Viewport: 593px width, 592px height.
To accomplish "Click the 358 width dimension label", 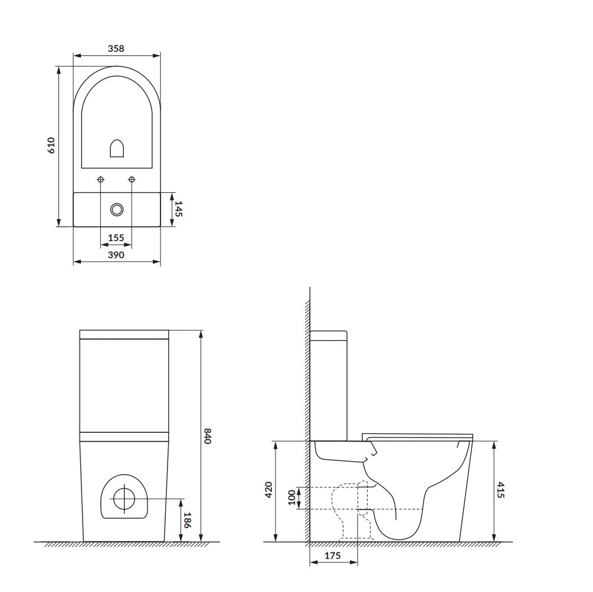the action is click(x=116, y=48).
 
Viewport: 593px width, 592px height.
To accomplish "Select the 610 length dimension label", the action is click(x=51, y=146).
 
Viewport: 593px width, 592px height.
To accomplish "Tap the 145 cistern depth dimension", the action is click(x=179, y=209).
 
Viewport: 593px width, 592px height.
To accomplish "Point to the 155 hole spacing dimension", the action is click(x=116, y=238).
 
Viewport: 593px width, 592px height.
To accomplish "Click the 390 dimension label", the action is click(x=116, y=255).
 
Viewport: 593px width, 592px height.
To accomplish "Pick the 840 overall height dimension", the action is click(x=207, y=436).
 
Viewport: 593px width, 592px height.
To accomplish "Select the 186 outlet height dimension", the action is click(x=187, y=520).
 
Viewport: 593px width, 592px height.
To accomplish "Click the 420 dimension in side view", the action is click(x=268, y=490).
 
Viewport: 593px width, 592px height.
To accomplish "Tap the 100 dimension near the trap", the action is click(x=291, y=498).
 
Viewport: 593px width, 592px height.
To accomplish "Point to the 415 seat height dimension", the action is click(x=501, y=490).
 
